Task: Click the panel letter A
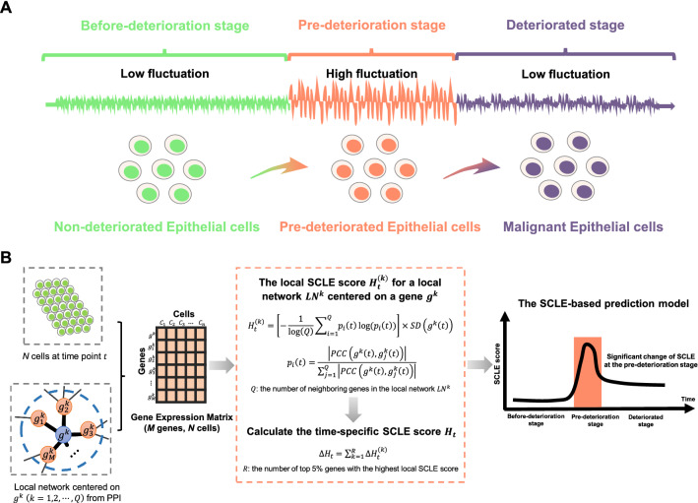tap(10, 10)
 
